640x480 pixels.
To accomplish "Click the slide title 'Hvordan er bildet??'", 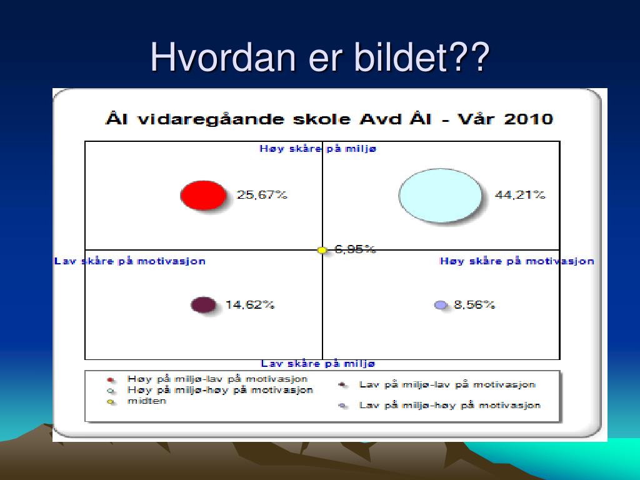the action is coord(320,57).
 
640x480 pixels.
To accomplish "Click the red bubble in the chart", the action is coord(203,195).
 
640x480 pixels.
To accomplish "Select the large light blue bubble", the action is coord(440,196).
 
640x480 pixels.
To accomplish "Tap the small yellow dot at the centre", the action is coord(322,250).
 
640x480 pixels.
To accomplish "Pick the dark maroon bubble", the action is coord(203,305).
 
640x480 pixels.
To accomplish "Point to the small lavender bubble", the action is coord(441,305).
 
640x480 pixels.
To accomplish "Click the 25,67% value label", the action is coord(262,195).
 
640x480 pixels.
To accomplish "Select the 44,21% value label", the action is coord(520,195).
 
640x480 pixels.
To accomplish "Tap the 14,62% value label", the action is coord(250,304).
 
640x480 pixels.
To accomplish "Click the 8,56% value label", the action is coord(474,304).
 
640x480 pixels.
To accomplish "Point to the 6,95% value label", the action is coord(355,249).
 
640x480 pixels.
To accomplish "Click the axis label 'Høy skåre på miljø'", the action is coord(317,149).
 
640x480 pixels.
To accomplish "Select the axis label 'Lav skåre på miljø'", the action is coord(317,363).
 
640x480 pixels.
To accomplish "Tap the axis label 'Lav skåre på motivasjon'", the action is coord(130,261).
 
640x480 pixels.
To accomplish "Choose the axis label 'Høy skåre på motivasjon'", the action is coord(517,261).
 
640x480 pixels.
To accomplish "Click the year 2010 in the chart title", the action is coord(529,119).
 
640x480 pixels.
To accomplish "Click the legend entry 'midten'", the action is coord(147,401).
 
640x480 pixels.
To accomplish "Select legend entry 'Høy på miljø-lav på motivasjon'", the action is coord(217,379).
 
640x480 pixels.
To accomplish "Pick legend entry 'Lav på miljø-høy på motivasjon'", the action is coord(450,405).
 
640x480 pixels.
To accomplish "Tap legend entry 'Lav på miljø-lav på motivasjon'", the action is coord(447,384).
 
